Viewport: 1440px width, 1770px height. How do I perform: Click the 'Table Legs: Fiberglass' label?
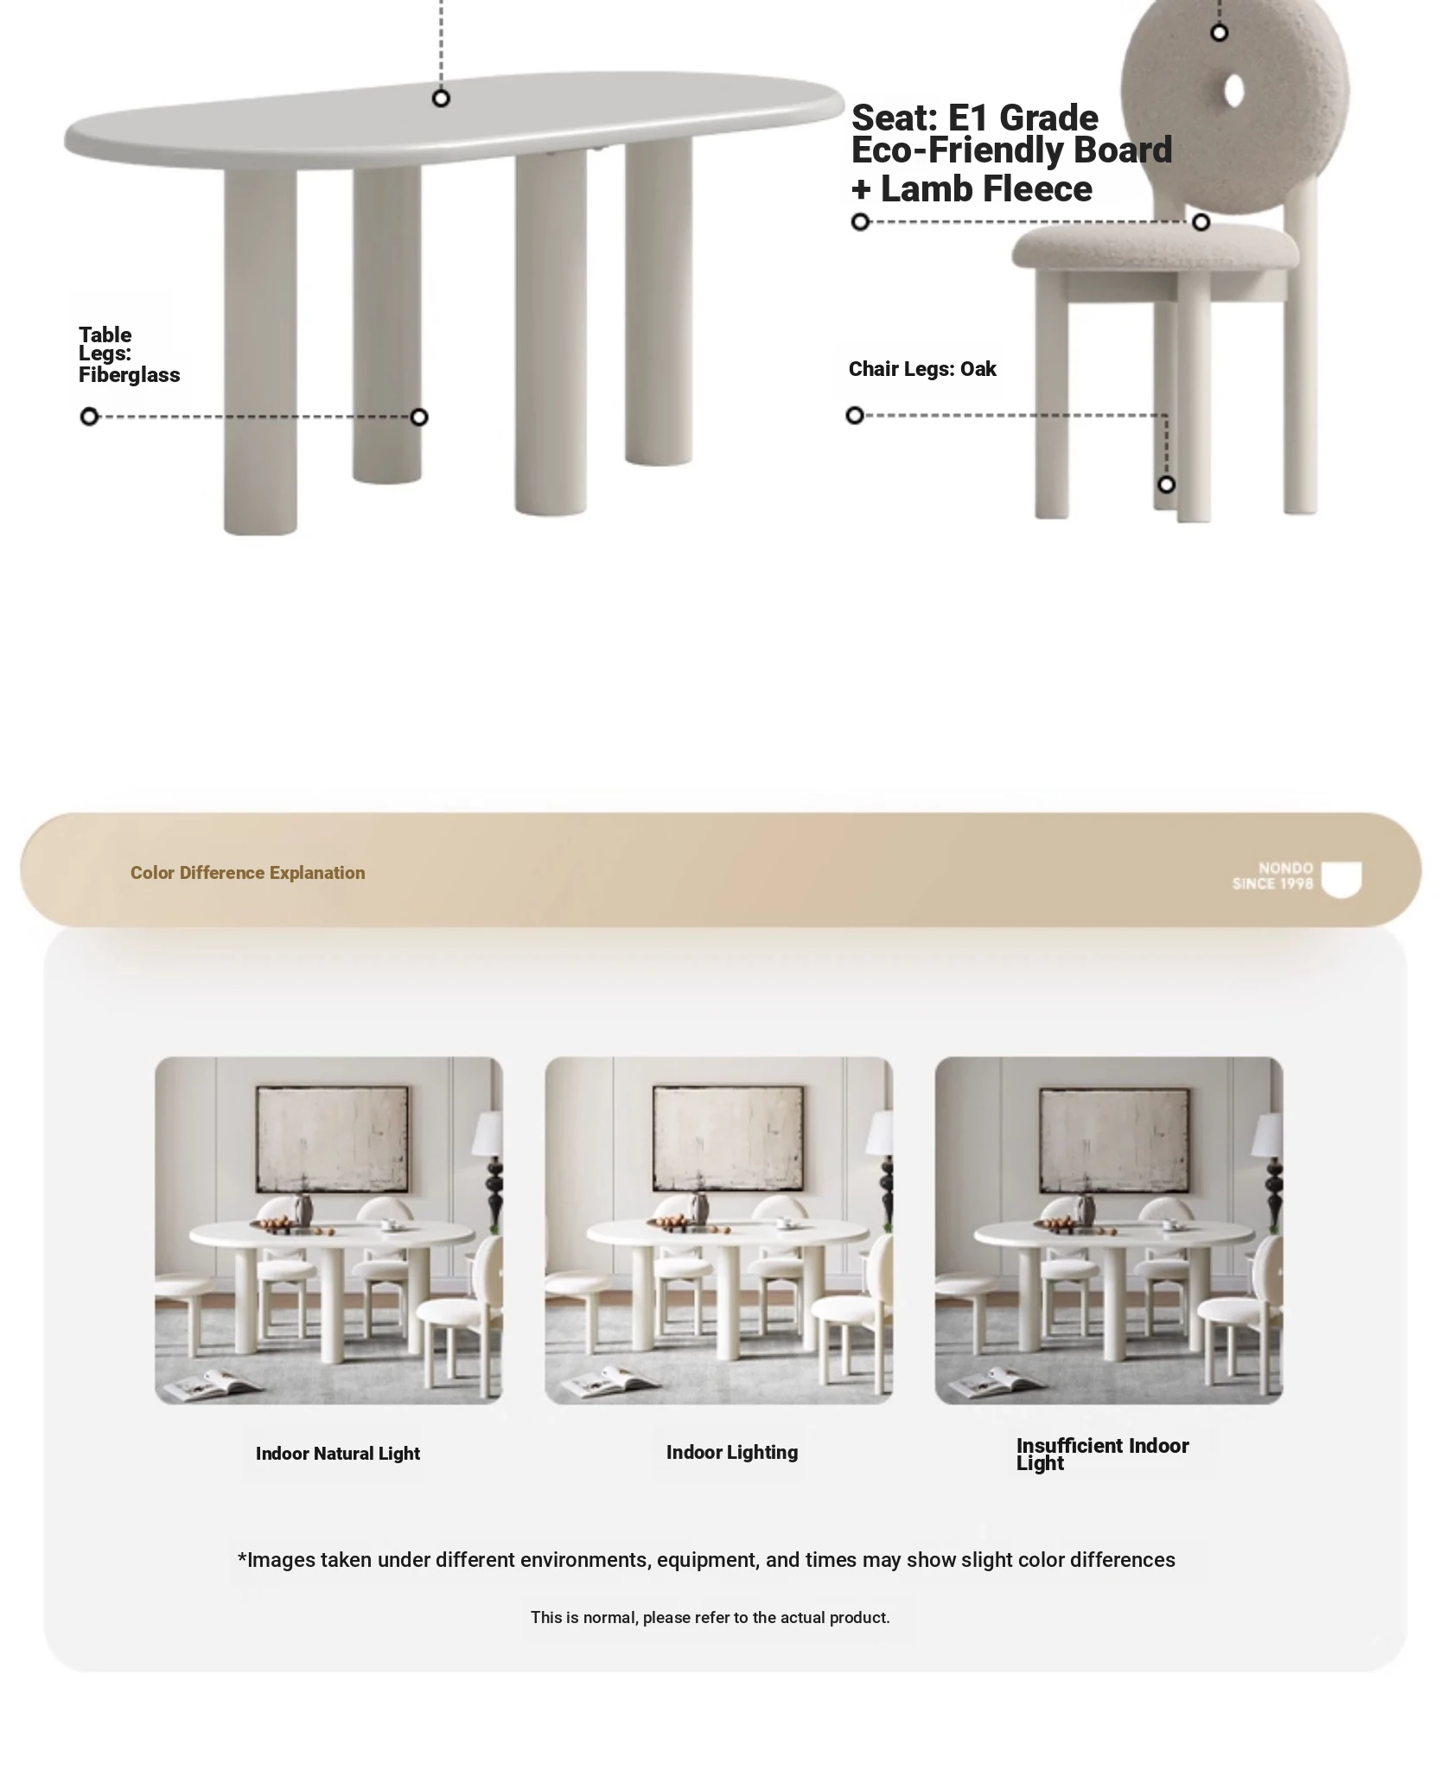tap(129, 354)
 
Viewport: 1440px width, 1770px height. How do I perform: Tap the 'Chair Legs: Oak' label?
tap(922, 369)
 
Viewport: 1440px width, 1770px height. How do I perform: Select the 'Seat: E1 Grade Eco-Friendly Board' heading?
tap(1011, 135)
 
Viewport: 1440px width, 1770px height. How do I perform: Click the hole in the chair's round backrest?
tap(1233, 91)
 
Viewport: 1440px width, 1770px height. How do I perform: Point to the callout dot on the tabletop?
tap(441, 99)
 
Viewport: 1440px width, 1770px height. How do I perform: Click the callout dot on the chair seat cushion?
tap(1201, 222)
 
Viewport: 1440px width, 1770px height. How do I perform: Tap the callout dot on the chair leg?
tap(1166, 484)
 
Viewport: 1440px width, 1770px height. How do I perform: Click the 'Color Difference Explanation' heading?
tap(247, 873)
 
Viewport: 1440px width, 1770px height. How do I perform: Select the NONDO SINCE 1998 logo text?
tap(1272, 875)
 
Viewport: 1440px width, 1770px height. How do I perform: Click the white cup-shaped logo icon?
tap(1341, 879)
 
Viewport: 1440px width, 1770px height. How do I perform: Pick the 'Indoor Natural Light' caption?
tap(338, 1454)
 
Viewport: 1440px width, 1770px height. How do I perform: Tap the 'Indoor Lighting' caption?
tap(732, 1452)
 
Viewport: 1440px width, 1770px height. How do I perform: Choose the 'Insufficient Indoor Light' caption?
tap(1102, 1454)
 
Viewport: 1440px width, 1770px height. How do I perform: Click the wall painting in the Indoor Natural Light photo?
tap(332, 1140)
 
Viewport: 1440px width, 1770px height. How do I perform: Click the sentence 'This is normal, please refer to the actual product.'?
tap(710, 1617)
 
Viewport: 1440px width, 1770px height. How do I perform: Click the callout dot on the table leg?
tap(419, 417)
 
